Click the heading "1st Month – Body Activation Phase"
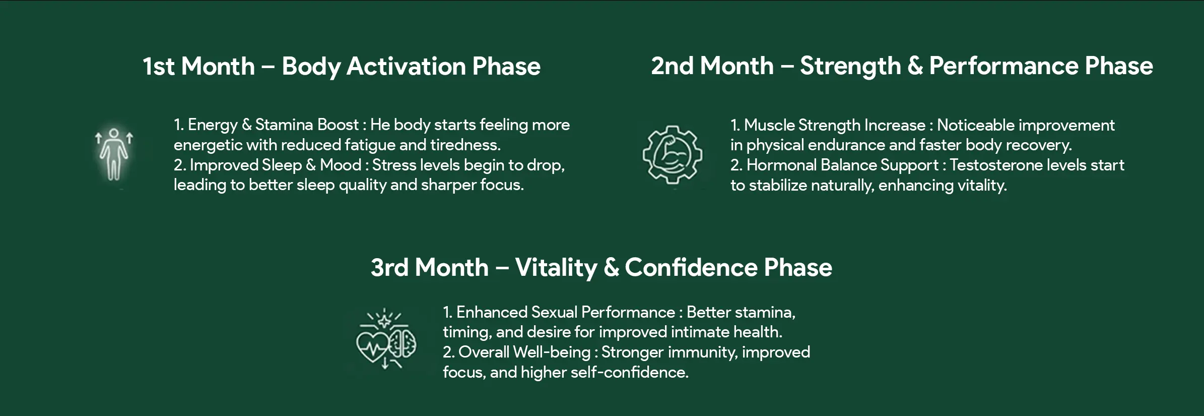coord(342,67)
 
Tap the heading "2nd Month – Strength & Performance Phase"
coord(902,66)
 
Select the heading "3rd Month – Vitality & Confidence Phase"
coord(601,267)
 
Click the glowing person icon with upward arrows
coord(114,154)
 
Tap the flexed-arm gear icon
coord(672,154)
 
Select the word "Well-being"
coord(552,352)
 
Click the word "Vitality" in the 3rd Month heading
coord(556,268)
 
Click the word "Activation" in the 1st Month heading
coord(406,67)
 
